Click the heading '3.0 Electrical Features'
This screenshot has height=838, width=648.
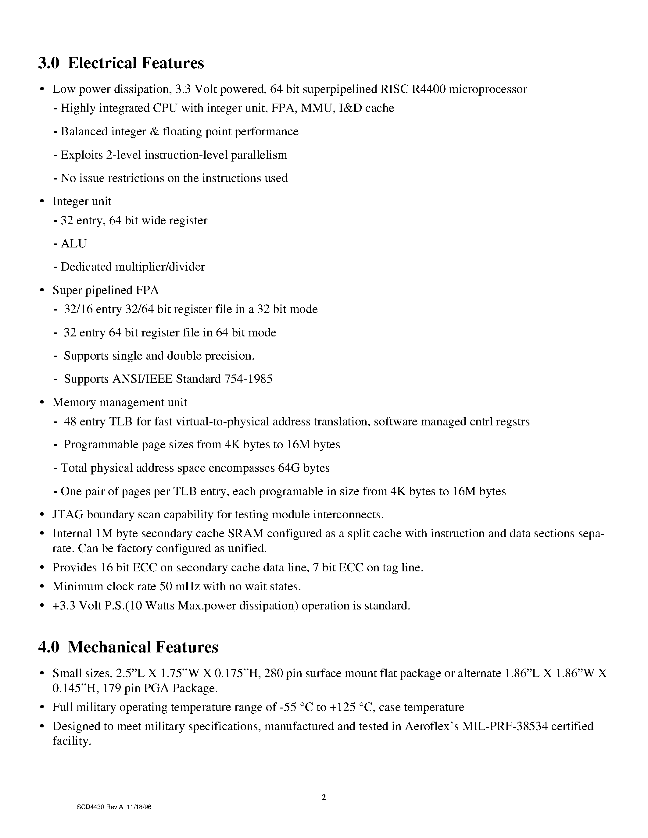point(121,63)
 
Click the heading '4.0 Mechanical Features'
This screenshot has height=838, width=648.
point(128,647)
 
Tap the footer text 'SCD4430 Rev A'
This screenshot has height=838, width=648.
point(99,807)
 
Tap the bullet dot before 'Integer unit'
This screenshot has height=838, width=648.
point(42,202)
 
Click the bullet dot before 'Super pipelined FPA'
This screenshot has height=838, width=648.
point(42,291)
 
